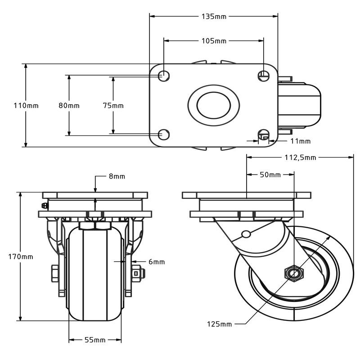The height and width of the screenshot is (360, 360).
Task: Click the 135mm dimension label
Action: point(214,17)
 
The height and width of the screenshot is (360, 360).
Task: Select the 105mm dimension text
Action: point(214,41)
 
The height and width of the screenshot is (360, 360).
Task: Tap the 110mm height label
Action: point(26,106)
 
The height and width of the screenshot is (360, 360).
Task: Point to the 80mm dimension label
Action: point(69,106)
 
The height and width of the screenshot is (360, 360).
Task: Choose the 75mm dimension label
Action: point(113,106)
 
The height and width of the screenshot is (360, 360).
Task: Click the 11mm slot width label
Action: point(300,141)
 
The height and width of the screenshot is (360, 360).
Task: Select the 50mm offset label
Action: point(270,175)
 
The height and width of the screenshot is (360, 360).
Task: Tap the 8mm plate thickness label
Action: point(117,176)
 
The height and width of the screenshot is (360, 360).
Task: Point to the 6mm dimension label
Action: point(156,261)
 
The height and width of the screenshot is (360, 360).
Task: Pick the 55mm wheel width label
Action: point(95,340)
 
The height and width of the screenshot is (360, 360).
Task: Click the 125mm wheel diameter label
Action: point(220,324)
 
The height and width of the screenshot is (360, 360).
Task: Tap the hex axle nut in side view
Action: point(294,273)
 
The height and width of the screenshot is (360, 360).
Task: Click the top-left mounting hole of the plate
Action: point(164,76)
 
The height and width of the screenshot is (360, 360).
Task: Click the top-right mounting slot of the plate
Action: point(264,75)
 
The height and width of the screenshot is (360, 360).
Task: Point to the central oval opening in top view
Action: point(213,105)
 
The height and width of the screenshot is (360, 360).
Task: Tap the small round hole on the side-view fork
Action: point(245,234)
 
